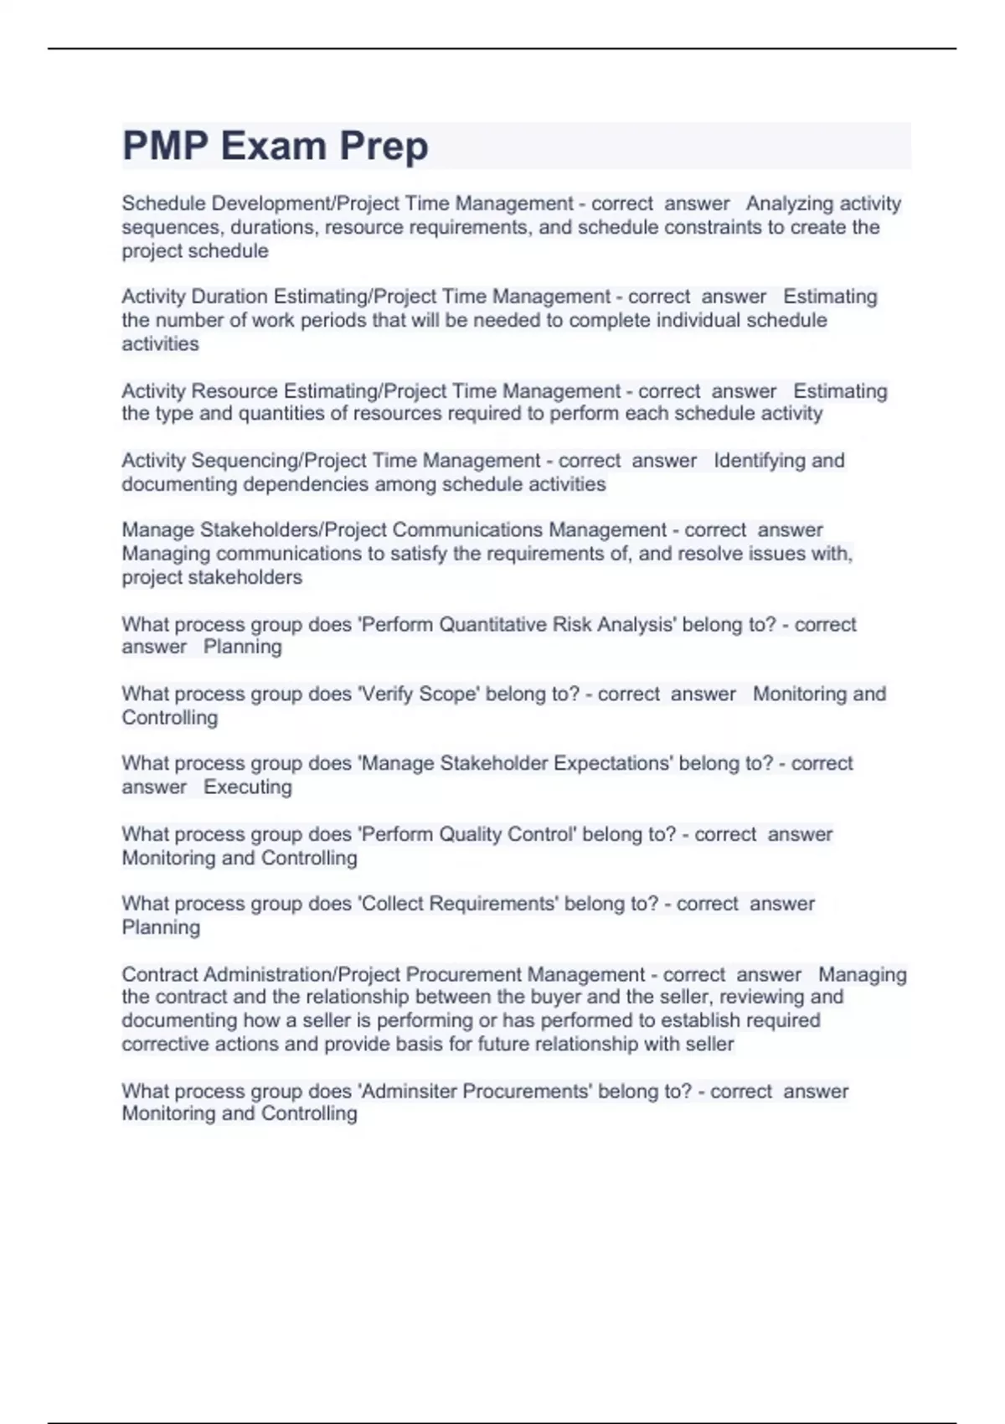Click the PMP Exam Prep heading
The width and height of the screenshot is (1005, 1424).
[x=275, y=146]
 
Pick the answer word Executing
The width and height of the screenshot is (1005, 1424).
[x=248, y=787]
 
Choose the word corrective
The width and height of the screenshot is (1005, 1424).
[x=160, y=1044]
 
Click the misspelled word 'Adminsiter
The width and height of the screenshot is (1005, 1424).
[x=407, y=1091]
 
